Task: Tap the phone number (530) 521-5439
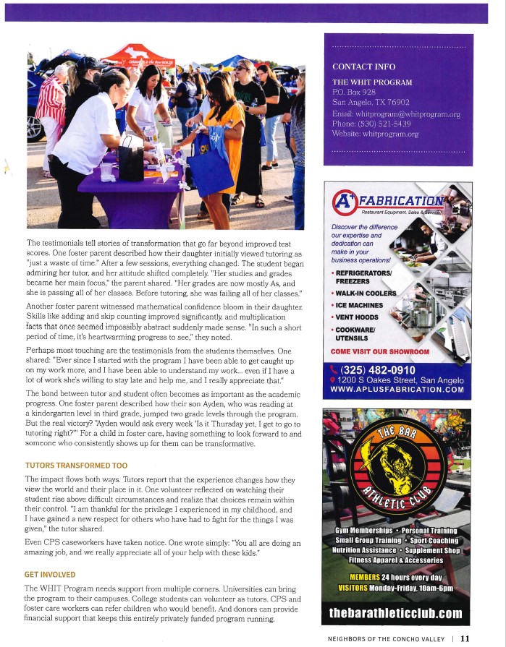tap(383, 124)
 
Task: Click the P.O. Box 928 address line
tap(354, 93)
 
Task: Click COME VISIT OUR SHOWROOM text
tap(379, 351)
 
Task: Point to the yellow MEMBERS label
tap(365, 578)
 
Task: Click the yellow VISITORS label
tap(355, 588)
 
